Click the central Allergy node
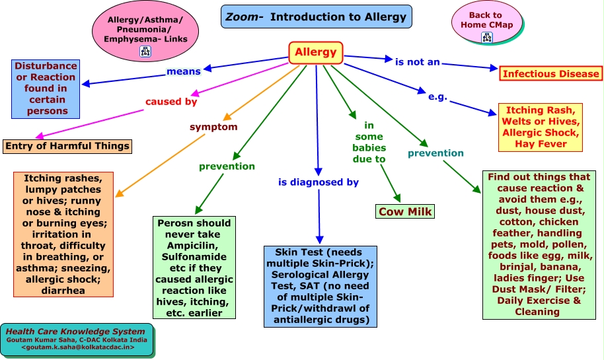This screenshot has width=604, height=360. pyautogui.click(x=316, y=52)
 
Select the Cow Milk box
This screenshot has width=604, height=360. pyautogui.click(x=405, y=211)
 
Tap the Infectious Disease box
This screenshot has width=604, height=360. pyautogui.click(x=551, y=73)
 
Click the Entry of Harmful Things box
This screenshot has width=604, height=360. pyautogui.click(x=67, y=146)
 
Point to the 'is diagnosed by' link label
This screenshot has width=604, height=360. pyautogui.click(x=319, y=182)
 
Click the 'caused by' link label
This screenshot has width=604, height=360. pyautogui.click(x=171, y=102)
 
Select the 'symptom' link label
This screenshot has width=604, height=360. pyautogui.click(x=213, y=127)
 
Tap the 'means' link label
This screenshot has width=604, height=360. pyautogui.click(x=184, y=71)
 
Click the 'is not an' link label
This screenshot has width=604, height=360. pyautogui.click(x=418, y=62)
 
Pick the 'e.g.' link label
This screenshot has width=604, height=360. pyautogui.click(x=438, y=96)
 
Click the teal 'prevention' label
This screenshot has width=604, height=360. pyautogui.click(x=435, y=153)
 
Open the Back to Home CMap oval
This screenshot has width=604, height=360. pyautogui.click(x=487, y=22)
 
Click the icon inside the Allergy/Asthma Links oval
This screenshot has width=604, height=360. pyautogui.click(x=145, y=52)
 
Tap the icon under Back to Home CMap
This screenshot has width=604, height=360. pyautogui.click(x=487, y=38)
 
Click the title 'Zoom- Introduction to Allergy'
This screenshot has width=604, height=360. pyautogui.click(x=317, y=17)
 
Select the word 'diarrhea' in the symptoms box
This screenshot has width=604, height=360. pyautogui.click(x=63, y=290)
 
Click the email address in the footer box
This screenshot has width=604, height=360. pyautogui.click(x=78, y=347)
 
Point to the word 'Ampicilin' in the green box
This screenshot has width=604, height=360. pyautogui.click(x=193, y=246)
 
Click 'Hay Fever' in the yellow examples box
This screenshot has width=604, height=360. pyautogui.click(x=541, y=144)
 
